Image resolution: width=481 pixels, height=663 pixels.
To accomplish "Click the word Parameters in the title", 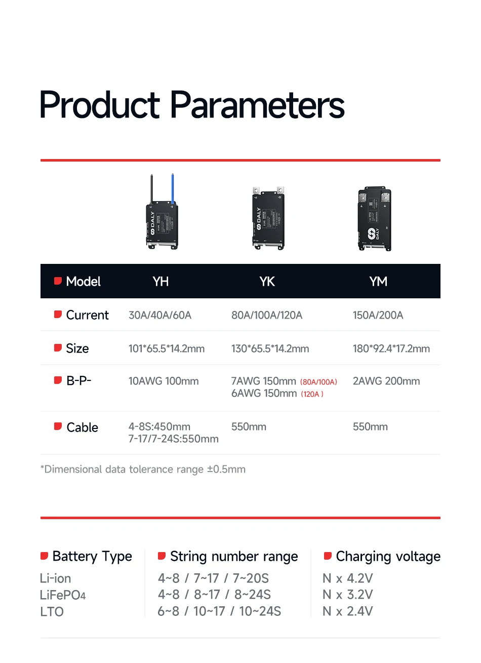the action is (x=257, y=105).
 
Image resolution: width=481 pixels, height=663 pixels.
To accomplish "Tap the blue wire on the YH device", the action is (x=173, y=188).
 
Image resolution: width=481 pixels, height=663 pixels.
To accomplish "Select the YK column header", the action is (x=267, y=282).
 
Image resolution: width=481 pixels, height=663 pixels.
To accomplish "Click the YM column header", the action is (x=378, y=282).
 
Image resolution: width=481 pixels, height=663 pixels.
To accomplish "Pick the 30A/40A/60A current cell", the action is (x=160, y=315).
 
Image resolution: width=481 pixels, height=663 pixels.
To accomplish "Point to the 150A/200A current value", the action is (x=378, y=315).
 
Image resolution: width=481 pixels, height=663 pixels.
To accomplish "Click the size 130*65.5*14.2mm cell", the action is (x=270, y=348).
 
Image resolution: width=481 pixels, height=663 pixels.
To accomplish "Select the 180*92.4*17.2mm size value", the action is (x=391, y=348).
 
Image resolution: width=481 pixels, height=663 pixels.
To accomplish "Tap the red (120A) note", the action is (x=312, y=394).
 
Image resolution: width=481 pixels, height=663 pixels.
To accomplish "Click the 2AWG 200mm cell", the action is (x=386, y=381).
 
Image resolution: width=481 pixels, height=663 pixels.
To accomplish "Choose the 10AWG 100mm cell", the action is (x=164, y=381).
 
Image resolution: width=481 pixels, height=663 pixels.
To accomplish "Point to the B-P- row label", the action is (x=78, y=381).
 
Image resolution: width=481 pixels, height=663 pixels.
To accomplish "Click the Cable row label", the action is (x=82, y=427).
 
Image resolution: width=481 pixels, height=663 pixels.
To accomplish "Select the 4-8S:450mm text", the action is (x=159, y=427).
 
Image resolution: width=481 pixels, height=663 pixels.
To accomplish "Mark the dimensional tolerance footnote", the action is (x=143, y=470).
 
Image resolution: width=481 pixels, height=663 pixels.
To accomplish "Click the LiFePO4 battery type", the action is (x=63, y=595).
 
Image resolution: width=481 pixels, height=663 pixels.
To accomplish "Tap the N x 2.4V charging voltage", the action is (x=348, y=611).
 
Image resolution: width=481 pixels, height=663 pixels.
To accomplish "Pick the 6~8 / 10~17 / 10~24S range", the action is (x=219, y=611).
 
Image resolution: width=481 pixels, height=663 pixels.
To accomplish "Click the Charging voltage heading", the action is (x=388, y=557).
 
